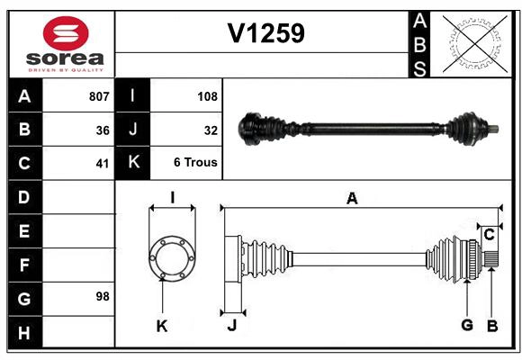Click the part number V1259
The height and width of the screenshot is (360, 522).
(x=265, y=33)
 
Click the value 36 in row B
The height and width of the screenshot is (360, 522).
(x=103, y=130)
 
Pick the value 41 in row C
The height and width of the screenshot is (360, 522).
(x=103, y=164)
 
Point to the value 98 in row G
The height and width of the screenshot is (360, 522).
(x=103, y=296)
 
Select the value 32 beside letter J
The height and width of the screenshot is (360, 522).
(x=211, y=130)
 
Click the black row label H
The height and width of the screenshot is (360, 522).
(x=24, y=332)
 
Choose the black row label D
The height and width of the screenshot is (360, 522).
(x=24, y=197)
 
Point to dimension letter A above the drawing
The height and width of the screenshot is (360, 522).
(x=352, y=199)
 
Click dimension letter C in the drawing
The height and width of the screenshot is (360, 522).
(x=489, y=235)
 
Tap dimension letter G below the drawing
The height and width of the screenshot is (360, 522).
(x=467, y=325)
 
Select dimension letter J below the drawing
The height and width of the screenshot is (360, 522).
(x=231, y=325)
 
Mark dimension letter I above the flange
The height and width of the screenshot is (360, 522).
(x=171, y=197)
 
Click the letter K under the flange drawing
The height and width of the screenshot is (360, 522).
(x=162, y=326)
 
